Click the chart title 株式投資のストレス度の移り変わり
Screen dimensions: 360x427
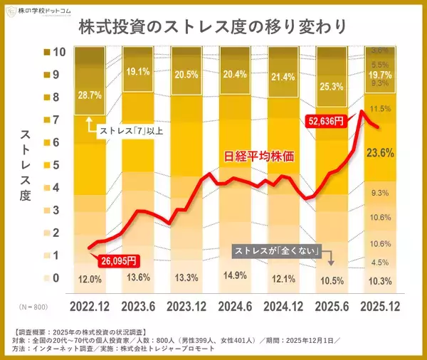point(213,28)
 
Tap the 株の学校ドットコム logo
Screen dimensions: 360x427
point(38,10)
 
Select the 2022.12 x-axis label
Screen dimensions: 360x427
point(90,307)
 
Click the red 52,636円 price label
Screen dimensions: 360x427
point(325,121)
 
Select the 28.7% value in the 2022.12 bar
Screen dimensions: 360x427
point(89,95)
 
